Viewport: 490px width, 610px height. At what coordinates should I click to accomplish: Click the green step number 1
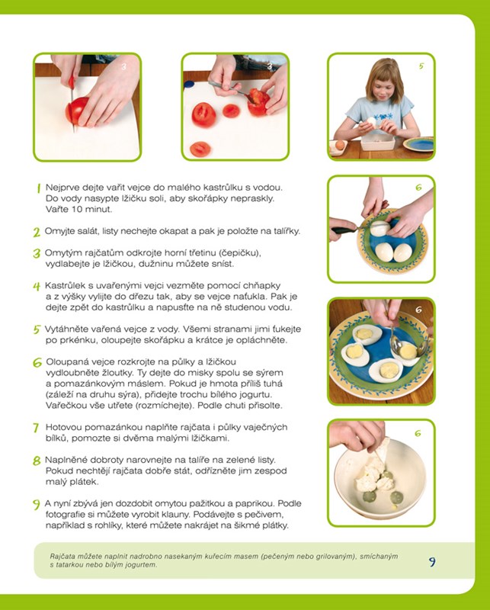coord(39,188)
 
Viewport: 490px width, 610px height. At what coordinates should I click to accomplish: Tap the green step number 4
coord(37,287)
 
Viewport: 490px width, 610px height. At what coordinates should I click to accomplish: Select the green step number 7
coord(36,428)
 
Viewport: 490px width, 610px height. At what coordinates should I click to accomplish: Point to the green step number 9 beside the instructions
coord(36,505)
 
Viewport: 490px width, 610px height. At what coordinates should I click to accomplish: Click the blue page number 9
coord(432,562)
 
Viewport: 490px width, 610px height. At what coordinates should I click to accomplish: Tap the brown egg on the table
coord(340,146)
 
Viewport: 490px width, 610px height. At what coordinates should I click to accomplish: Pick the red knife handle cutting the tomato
coord(71,82)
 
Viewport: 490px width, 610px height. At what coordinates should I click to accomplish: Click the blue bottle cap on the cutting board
coord(189,84)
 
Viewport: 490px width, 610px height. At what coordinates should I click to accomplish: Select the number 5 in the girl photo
coord(421,66)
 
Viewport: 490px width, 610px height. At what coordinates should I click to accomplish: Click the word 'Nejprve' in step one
coord(59,188)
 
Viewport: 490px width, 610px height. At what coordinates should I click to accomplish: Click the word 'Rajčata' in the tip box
coord(61,557)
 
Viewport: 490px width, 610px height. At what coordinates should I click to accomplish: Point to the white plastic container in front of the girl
coord(378,142)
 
